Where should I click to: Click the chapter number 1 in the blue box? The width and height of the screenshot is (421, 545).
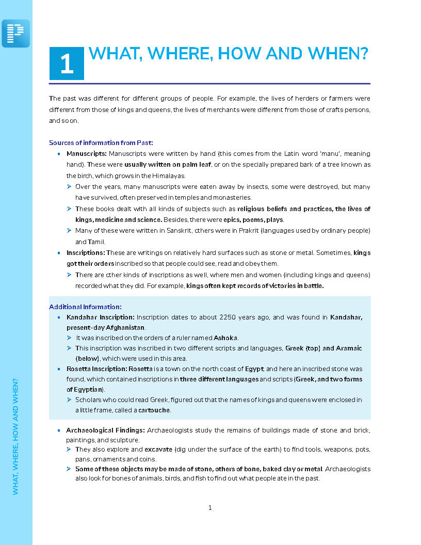pos(67,64)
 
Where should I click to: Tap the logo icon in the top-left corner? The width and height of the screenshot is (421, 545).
pos(16,33)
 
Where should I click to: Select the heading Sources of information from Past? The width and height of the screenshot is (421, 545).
pos(101,142)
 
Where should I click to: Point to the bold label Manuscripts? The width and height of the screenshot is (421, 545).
pos(87,154)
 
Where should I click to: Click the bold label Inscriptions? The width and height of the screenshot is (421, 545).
pos(86,253)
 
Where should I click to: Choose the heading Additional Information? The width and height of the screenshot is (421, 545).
pos(85,307)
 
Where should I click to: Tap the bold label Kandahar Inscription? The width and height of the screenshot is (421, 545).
pos(101,317)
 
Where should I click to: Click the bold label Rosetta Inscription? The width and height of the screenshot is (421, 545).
pos(96,369)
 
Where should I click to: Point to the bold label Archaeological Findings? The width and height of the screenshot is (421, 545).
pos(105,430)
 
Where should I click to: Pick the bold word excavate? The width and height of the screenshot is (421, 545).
pos(158,450)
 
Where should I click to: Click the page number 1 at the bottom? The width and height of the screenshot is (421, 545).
pos(210,508)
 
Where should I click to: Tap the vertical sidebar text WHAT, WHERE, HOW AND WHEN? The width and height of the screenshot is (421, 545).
pos(15,436)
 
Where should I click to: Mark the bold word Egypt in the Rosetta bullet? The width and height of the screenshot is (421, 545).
pos(254,369)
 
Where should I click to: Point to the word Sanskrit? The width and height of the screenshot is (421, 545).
pos(165,231)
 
